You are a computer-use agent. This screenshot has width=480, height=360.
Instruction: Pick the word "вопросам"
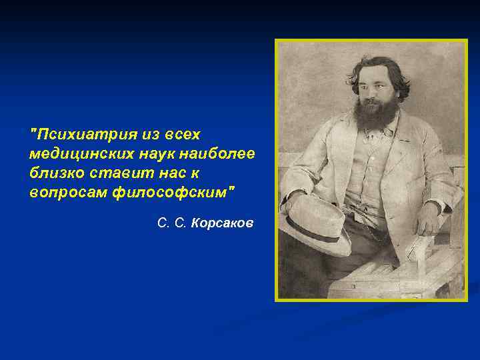[x=61, y=192]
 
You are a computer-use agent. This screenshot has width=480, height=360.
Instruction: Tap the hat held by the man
[x=313, y=223]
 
